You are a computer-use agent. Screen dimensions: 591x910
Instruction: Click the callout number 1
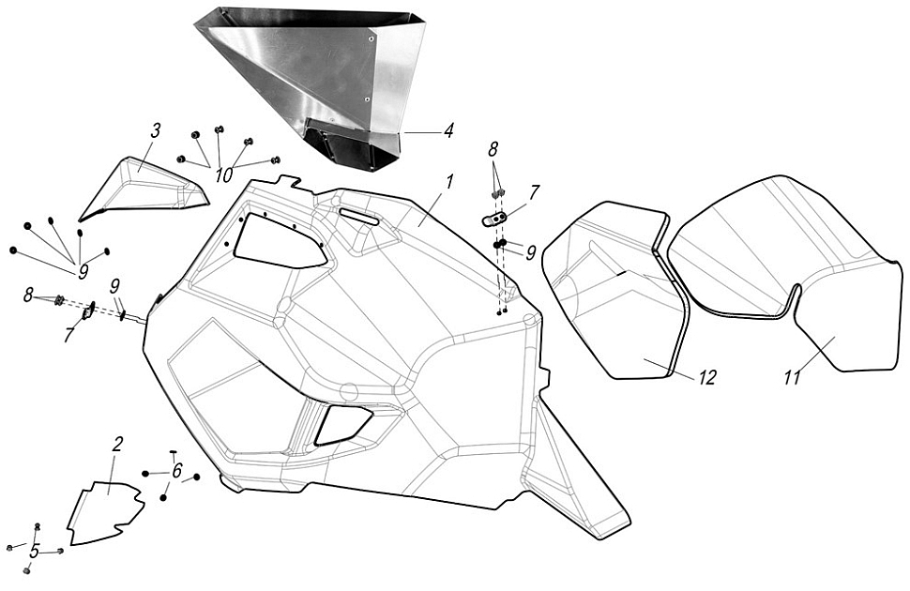pos(448,182)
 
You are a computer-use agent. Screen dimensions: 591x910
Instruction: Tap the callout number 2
pos(117,444)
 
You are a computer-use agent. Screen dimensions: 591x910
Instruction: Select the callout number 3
pos(156,129)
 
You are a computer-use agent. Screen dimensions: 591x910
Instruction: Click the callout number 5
pos(35,552)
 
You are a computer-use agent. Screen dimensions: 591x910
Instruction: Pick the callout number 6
pos(175,472)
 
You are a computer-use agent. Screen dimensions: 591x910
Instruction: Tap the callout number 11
pos(795,377)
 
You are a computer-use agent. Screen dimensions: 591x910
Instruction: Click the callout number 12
pos(706,377)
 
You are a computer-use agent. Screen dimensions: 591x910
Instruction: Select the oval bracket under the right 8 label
pos(494,219)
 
